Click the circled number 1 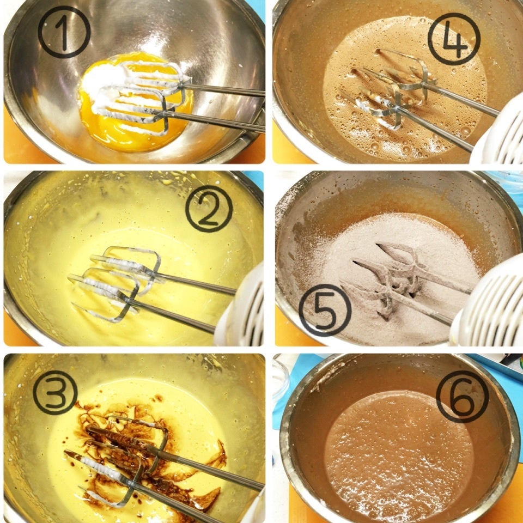pyautogui.click(x=64, y=32)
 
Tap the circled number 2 pyautogui.click(x=209, y=209)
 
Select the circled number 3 pyautogui.click(x=56, y=393)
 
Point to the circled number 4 pyautogui.click(x=454, y=39)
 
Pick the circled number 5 pyautogui.click(x=325, y=310)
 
